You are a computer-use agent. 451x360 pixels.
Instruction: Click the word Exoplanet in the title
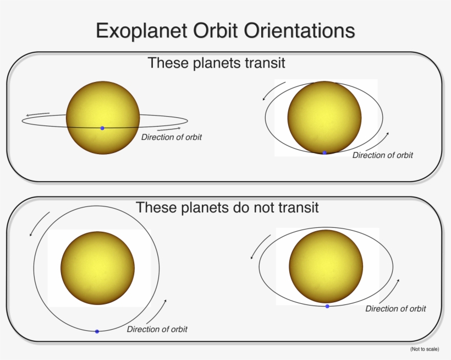coord(141,31)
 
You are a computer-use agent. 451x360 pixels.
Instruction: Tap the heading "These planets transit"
coord(217,63)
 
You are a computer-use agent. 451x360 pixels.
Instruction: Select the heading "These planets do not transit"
coord(227,207)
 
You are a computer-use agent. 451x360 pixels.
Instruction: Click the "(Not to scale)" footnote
coord(425,349)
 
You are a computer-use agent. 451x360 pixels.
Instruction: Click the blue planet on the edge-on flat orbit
coord(102,128)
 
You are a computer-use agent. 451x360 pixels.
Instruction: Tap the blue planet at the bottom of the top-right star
coord(324,153)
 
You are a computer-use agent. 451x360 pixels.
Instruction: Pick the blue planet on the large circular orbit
coord(97,331)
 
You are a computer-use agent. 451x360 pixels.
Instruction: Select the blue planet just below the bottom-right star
coord(327,306)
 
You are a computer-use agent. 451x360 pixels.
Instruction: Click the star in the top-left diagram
coord(103,118)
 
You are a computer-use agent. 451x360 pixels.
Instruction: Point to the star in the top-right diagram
coord(324,117)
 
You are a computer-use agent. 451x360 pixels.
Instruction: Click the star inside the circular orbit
coord(97,268)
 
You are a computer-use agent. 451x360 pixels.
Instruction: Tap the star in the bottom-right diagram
coord(326,266)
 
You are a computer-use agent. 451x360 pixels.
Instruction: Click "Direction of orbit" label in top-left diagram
coord(172,137)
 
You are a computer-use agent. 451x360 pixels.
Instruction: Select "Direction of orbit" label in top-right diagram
coord(383,155)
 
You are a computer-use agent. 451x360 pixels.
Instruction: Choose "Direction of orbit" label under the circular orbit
coord(157,329)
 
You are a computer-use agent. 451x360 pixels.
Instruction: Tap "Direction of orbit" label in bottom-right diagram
coord(395,309)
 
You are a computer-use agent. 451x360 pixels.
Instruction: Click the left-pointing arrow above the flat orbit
coord(37,114)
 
